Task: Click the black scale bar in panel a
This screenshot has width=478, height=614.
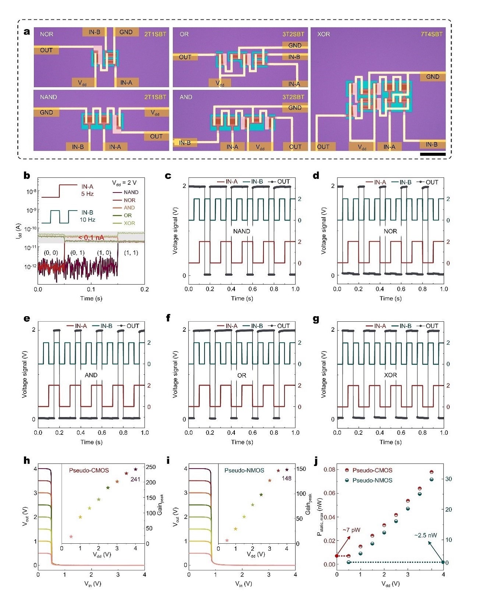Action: tap(433, 154)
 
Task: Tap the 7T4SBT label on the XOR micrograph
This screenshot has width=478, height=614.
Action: tap(432, 34)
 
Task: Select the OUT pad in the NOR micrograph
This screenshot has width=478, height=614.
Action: tap(46, 50)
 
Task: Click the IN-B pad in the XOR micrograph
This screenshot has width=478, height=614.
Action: tap(432, 144)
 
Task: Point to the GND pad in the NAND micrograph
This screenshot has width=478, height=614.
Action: tap(46, 112)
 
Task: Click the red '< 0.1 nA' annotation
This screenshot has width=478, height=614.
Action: tap(91, 238)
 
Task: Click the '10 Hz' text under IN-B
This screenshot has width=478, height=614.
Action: tap(88, 220)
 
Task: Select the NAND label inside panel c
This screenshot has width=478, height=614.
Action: tap(242, 231)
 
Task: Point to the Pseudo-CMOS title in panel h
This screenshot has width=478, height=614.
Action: tap(89, 470)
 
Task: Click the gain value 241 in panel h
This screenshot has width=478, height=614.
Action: tap(135, 479)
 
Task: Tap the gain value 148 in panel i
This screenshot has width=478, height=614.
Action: tap(286, 479)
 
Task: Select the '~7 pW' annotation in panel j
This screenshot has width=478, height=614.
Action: tap(351, 530)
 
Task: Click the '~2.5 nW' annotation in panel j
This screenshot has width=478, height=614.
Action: tap(426, 535)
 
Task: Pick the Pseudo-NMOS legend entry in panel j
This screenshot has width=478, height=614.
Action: tap(368, 480)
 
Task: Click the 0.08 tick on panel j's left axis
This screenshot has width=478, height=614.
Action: tap(330, 469)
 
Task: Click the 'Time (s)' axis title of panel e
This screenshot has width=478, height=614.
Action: tap(92, 442)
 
